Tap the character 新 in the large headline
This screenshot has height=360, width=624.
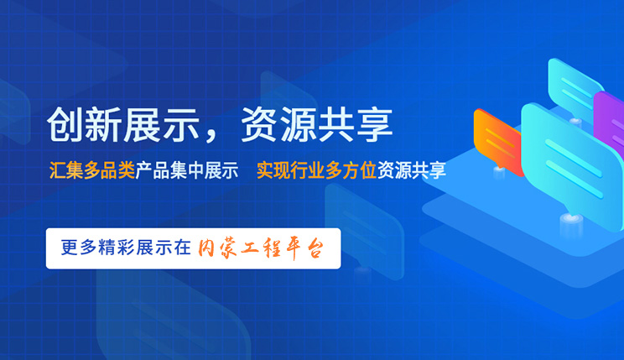pos(103,125)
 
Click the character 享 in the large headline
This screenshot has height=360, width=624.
pos(374,125)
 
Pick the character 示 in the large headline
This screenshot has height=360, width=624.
pos(180,125)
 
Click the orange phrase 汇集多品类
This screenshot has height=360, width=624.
pos(92,170)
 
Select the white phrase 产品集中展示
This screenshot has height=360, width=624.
pos(187,170)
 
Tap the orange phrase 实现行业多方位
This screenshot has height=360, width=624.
pos(316,170)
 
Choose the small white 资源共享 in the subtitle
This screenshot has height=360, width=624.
pos(412,170)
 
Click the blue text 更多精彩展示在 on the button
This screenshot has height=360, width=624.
pos(126,248)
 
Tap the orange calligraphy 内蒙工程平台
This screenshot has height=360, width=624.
pos(261,248)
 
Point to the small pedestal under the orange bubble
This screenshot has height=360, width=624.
pos(499,172)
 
